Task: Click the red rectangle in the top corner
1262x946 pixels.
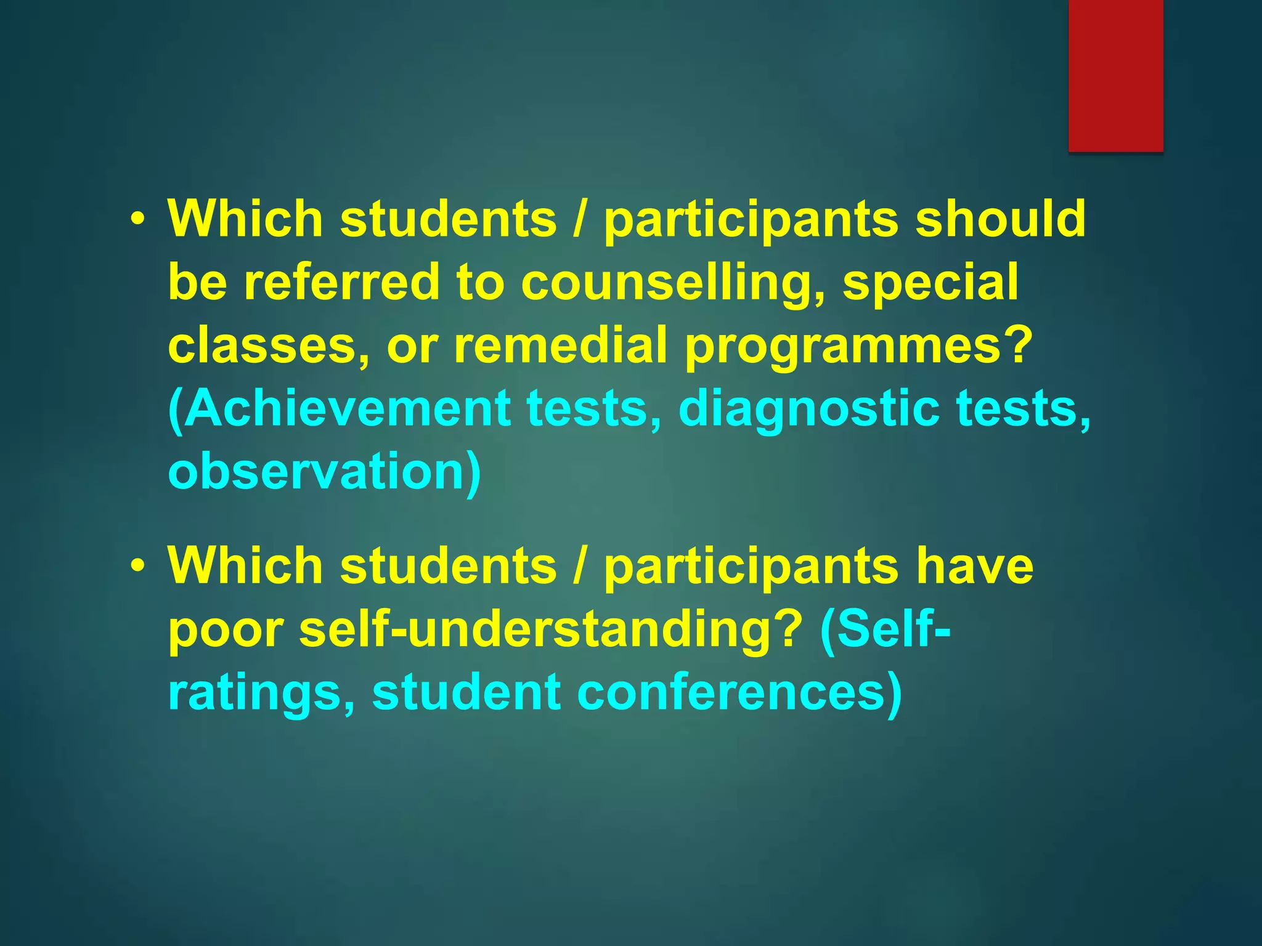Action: click(1115, 75)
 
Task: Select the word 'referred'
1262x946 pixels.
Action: click(342, 282)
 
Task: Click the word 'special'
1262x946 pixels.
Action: click(930, 283)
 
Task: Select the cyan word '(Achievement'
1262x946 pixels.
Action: click(339, 409)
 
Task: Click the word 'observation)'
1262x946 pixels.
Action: click(324, 473)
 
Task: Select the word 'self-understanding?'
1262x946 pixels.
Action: click(550, 629)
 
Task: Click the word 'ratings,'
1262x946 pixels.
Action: click(262, 693)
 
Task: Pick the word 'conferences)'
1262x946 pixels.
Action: click(739, 692)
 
